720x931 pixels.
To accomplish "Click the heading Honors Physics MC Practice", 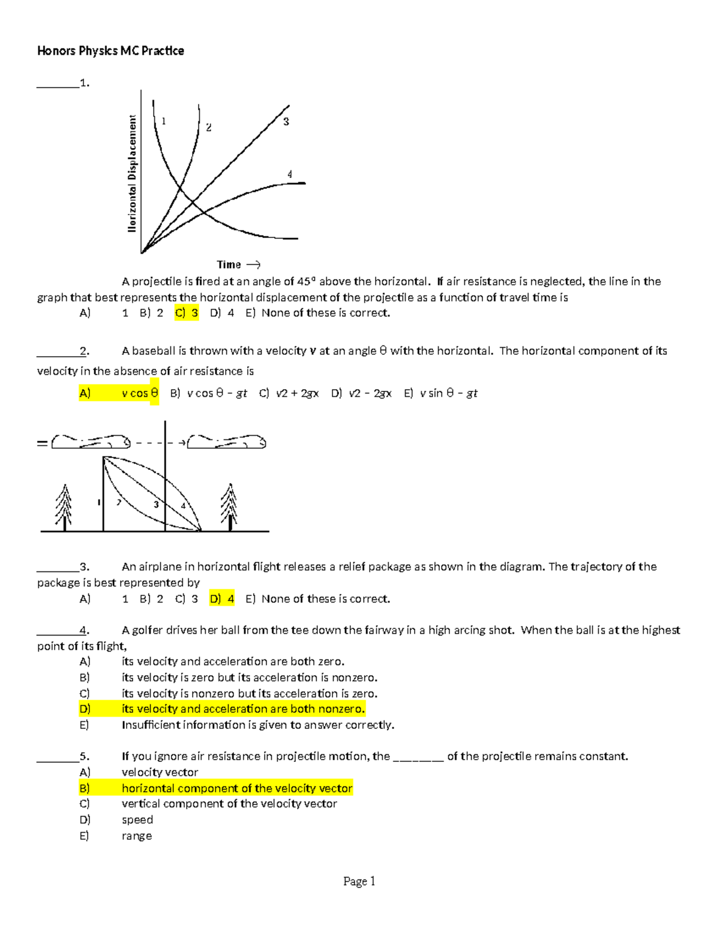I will click(110, 51).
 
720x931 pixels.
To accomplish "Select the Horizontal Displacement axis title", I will click(132, 173).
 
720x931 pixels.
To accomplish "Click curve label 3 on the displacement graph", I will click(286, 122).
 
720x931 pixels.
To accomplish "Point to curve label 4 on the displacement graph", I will click(290, 174).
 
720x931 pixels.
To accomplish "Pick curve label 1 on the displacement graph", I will click(163, 121).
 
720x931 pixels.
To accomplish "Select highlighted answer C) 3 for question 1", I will click(187, 313).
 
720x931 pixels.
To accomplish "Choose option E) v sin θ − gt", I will click(441, 393).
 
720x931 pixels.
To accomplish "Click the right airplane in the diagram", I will click(227, 442).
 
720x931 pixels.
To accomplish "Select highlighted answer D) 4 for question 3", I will click(222, 598).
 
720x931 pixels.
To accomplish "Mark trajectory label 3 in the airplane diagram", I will click(156, 504).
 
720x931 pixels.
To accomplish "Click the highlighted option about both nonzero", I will click(242, 709).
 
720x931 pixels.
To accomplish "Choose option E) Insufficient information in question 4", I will click(257, 725).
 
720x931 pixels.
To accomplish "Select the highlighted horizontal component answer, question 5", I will click(236, 788).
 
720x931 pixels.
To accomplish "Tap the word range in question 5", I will click(137, 836).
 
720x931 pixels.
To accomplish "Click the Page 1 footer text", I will click(359, 881).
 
